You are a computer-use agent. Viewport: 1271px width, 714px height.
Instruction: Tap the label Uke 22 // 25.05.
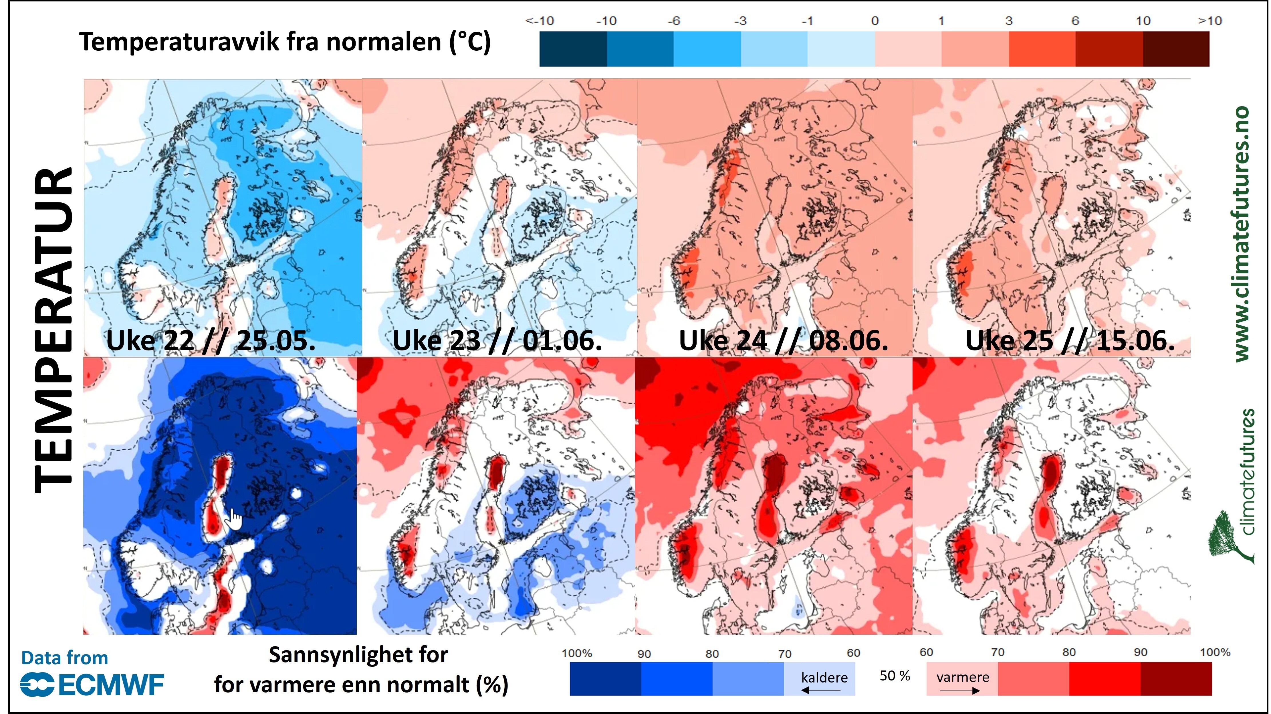[x=211, y=341]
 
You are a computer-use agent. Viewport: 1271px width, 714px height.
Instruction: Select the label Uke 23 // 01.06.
[x=497, y=341]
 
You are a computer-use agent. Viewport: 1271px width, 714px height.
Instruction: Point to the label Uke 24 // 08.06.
[x=784, y=341]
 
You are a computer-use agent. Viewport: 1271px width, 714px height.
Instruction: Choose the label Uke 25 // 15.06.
[x=1070, y=341]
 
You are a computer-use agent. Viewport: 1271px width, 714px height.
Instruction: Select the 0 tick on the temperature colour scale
[x=875, y=21]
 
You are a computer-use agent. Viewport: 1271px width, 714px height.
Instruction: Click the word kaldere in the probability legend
[x=824, y=677]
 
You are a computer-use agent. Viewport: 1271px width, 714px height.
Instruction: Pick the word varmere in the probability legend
[x=963, y=677]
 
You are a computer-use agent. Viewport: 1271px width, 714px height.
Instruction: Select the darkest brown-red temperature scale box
[x=1176, y=48]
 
